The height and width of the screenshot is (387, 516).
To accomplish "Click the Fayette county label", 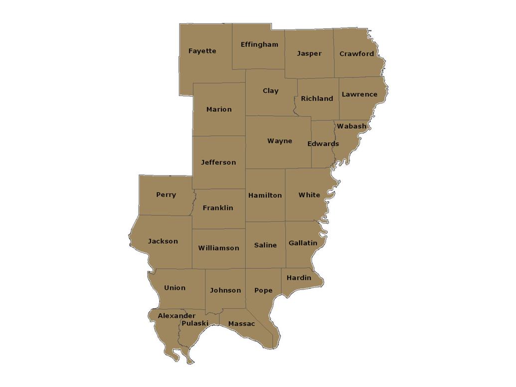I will [x=202, y=51].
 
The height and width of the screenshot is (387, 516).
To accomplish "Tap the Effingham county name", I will [x=259, y=44].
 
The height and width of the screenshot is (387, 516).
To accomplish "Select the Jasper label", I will [x=309, y=53].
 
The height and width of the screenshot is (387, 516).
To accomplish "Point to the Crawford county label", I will [x=356, y=54].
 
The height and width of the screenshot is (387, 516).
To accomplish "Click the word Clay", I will [x=271, y=91].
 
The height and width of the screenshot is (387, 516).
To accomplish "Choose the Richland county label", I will [x=317, y=99].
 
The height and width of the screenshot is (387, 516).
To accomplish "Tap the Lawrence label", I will [x=359, y=94].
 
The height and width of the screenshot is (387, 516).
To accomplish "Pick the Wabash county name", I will [x=351, y=126].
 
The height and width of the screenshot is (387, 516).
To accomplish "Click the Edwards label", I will [x=323, y=144].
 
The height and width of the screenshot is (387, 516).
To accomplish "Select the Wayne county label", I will [x=280, y=141].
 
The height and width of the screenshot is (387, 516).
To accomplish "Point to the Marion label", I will [x=219, y=109].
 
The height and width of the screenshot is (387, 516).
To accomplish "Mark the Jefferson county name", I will [x=218, y=162].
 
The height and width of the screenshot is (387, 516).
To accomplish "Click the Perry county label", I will [x=166, y=195].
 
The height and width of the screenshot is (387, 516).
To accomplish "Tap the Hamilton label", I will [x=265, y=195].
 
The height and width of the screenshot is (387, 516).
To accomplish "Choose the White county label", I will [x=309, y=195].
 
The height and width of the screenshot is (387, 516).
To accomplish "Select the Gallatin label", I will [x=303, y=243].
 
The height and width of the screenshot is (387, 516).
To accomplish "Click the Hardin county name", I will [x=299, y=278].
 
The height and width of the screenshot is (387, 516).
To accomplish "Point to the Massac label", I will [x=241, y=324].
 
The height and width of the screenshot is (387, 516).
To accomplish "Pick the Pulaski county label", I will [x=195, y=323].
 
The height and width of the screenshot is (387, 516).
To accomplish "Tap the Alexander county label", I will [x=176, y=316].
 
